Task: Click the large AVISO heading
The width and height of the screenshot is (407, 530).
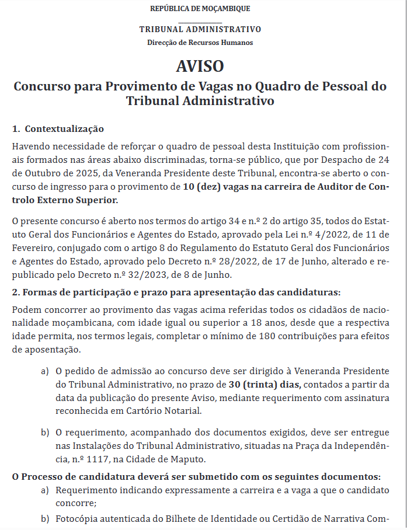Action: coord(200,65)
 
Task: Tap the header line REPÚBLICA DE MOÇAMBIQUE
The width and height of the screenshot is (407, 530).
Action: coord(200,8)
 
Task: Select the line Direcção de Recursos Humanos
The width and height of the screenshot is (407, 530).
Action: coord(200,43)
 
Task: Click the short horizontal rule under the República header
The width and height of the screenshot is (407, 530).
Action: coord(200,22)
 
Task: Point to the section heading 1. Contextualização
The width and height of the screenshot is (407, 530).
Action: coord(58,128)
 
